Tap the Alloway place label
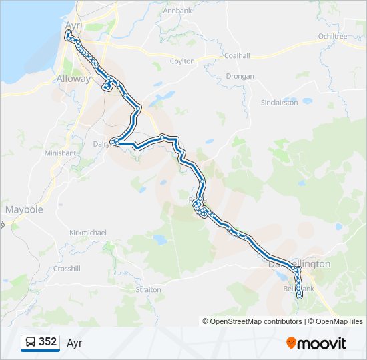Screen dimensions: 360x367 (73, 78)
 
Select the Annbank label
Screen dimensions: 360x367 (177, 11)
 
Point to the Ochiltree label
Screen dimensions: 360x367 (333, 36)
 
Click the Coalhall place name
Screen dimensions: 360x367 (237, 56)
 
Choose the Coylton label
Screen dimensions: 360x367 (183, 61)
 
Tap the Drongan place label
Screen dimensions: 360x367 (240, 76)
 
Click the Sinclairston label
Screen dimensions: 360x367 (279, 103)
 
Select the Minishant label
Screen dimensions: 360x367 (61, 153)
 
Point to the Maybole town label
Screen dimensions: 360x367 (24, 209)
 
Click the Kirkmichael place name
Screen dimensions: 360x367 (88, 233)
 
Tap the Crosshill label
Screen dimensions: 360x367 (67, 268)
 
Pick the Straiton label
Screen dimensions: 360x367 (148, 290)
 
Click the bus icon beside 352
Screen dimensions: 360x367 (31, 342)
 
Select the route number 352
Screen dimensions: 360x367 (47, 342)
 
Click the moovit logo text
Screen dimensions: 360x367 (322, 343)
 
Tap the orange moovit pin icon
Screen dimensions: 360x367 (291, 343)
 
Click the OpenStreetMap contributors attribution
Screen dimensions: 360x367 (252, 321)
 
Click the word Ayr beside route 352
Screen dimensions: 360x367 (74, 343)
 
